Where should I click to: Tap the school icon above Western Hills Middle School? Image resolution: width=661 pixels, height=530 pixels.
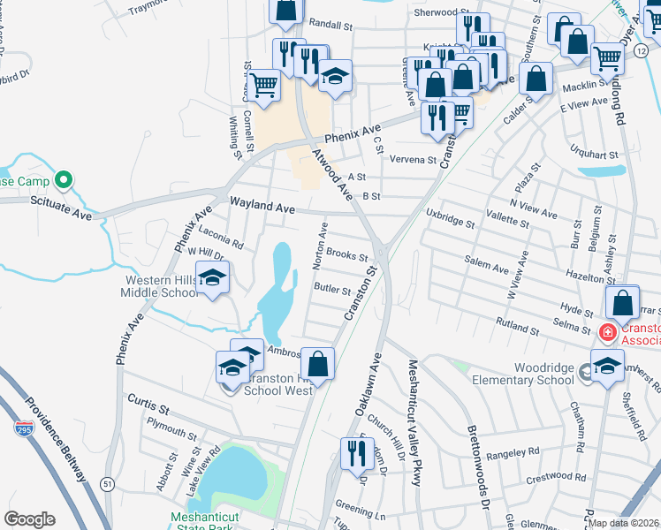point(212,278)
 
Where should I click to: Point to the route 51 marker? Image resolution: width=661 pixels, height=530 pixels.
point(107,484)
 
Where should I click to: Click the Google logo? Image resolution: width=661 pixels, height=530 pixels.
point(29,519)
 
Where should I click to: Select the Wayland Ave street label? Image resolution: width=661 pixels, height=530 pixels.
point(262,205)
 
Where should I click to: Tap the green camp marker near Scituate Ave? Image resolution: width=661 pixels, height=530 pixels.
point(63,181)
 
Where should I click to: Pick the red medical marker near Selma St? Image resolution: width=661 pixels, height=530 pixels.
point(607,332)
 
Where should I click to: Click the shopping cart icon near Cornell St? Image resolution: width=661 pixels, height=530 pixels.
point(263,85)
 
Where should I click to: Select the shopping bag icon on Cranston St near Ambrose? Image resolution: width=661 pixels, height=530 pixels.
point(318,362)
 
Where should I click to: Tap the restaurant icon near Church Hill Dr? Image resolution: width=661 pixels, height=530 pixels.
point(354,452)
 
